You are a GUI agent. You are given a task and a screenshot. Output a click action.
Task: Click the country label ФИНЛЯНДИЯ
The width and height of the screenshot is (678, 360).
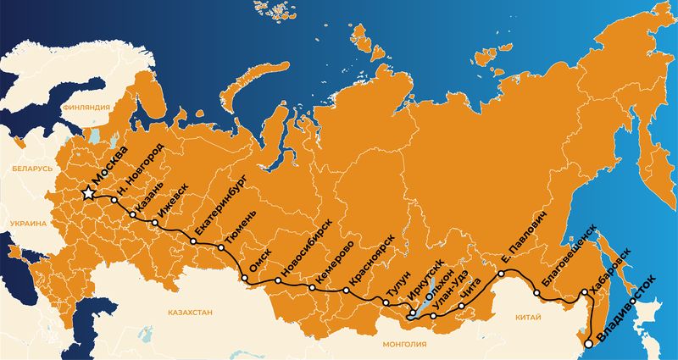click(88, 108)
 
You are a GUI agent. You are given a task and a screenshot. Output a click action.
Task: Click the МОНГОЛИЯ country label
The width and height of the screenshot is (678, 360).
click(403, 344)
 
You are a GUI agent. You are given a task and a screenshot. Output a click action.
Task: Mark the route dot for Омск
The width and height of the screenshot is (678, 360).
click(245, 279)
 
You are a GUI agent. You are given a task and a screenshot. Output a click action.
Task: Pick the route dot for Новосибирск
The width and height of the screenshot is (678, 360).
click(278, 280)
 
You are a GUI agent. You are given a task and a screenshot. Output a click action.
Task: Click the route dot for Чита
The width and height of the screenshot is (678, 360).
click(462, 306)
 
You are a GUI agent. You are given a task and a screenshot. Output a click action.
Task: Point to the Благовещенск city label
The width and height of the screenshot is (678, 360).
click(567, 259)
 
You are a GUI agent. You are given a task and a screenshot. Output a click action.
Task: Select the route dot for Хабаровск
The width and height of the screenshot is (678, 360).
click(584, 293)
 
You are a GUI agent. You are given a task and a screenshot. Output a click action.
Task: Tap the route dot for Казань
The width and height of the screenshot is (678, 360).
click(132, 215)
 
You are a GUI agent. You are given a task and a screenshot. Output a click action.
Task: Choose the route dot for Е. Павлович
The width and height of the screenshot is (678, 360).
click(501, 274)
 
